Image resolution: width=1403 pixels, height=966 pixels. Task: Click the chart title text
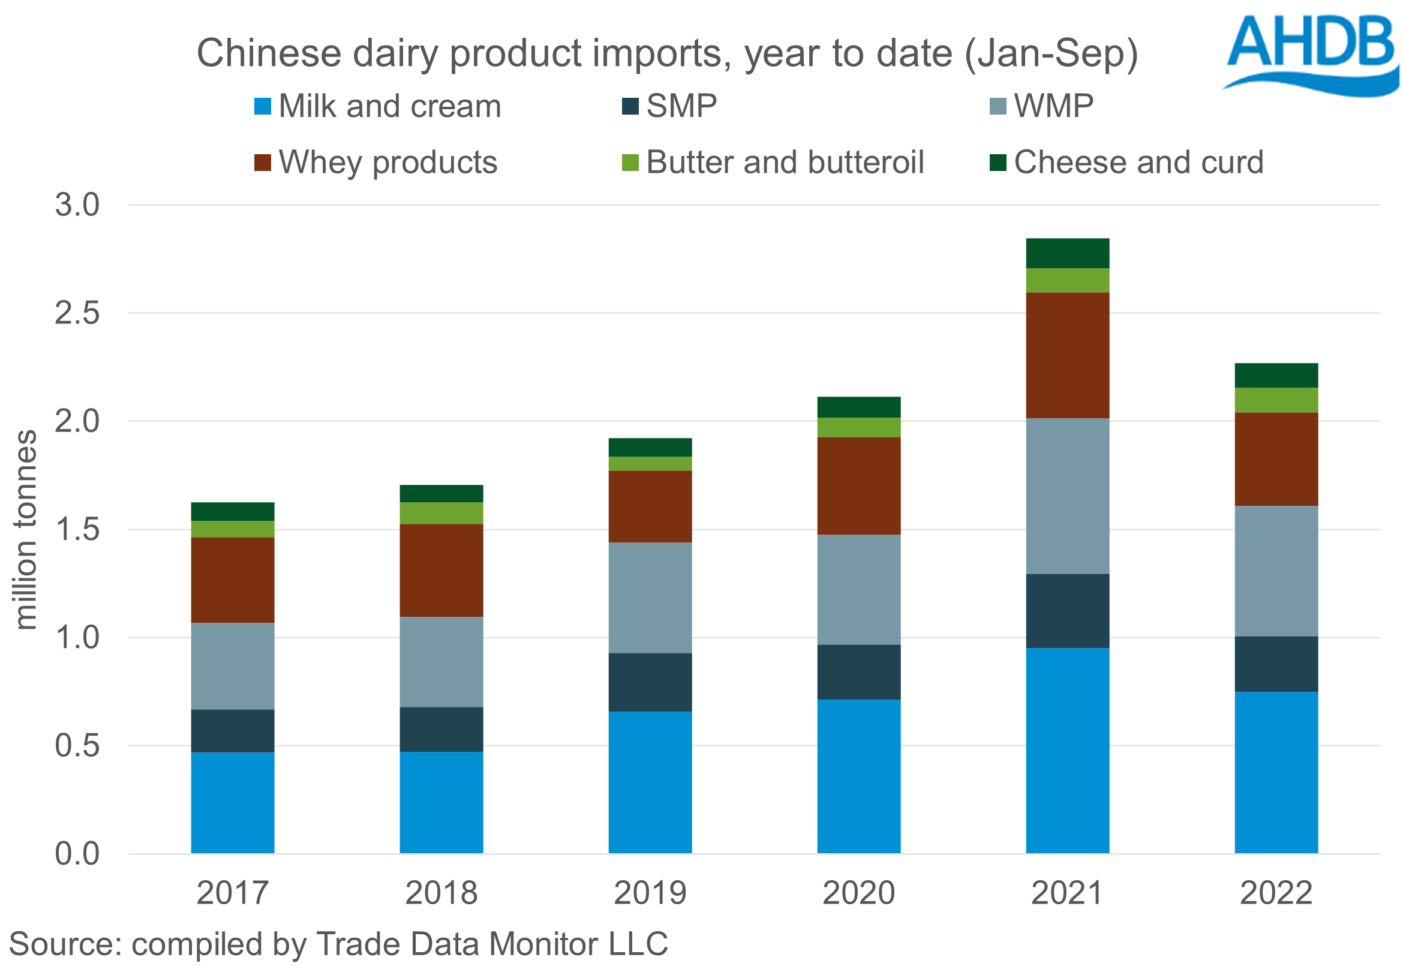[667, 53]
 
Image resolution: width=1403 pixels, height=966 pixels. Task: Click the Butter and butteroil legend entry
[773, 162]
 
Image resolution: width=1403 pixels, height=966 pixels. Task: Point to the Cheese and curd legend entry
[1126, 162]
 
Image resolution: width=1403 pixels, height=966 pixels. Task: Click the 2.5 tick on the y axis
[77, 314]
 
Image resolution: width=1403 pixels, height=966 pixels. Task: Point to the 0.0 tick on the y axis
[77, 854]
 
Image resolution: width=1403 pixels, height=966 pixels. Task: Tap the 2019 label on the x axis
[650, 893]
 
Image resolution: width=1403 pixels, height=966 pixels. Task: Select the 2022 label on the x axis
[1276, 893]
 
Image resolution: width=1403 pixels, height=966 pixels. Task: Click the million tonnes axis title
[25, 530]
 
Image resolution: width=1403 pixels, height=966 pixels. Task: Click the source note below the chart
[339, 944]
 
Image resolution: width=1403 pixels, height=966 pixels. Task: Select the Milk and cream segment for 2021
[1067, 751]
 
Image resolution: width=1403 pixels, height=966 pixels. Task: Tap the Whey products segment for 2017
[232, 580]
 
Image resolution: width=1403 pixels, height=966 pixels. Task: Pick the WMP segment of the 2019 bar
[650, 598]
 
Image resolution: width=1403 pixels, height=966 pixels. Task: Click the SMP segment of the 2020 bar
[858, 672]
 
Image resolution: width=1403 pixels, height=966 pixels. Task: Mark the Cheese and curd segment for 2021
[1067, 253]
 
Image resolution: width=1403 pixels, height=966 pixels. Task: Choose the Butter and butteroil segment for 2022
[1276, 400]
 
